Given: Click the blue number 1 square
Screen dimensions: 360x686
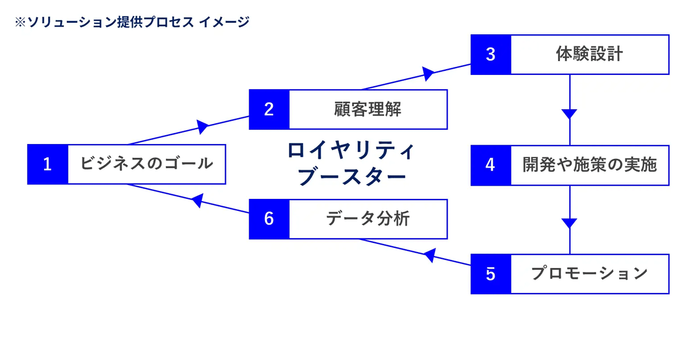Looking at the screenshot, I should (48, 165).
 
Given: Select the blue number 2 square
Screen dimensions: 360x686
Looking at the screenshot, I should (269, 109).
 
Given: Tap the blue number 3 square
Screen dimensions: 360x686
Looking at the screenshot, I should (490, 54).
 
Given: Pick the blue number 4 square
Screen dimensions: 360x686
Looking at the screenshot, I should (490, 165).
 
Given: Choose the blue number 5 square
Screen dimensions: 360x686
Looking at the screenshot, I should (490, 274).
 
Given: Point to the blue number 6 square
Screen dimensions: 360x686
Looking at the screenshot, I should (269, 219).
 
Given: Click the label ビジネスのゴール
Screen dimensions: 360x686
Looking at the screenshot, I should (146, 165).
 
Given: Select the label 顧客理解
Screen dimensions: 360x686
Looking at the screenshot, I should (368, 109).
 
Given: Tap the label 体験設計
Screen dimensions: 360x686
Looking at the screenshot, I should (589, 54).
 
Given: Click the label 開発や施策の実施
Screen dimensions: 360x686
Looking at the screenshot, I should (589, 165).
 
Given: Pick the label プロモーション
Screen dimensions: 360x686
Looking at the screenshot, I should (589, 274).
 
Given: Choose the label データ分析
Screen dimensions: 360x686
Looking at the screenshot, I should (368, 219).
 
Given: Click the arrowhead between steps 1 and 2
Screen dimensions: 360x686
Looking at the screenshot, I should (202, 126).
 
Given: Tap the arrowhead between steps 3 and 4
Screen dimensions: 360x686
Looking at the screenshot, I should (569, 113).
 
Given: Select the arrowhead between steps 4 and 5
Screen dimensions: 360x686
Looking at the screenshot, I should (569, 223).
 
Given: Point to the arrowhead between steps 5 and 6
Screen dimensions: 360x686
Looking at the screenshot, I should (429, 255).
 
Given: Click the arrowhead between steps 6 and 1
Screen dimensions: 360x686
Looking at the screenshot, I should (197, 200).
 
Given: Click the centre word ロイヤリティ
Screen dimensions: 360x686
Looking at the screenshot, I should (350, 151).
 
